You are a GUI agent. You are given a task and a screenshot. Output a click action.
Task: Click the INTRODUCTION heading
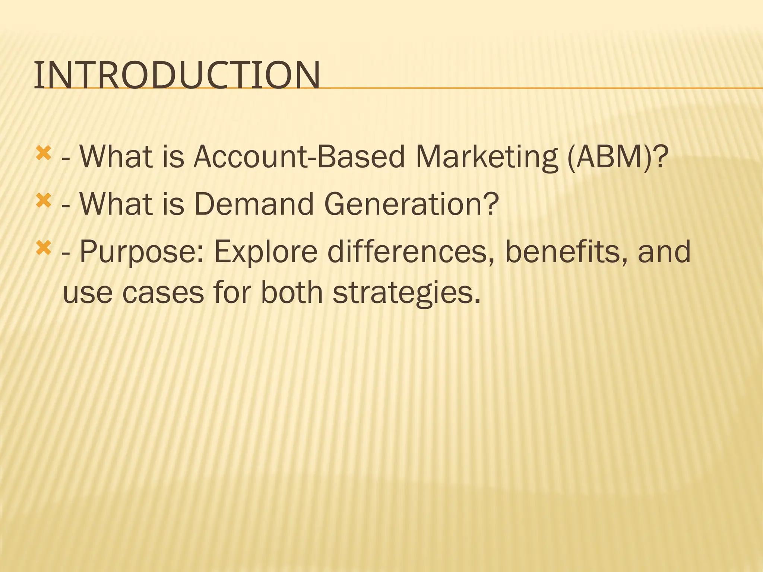(177, 76)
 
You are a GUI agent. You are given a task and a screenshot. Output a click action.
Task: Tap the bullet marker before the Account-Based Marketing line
(43, 153)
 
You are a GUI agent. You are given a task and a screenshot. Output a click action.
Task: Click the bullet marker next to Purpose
(43, 248)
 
